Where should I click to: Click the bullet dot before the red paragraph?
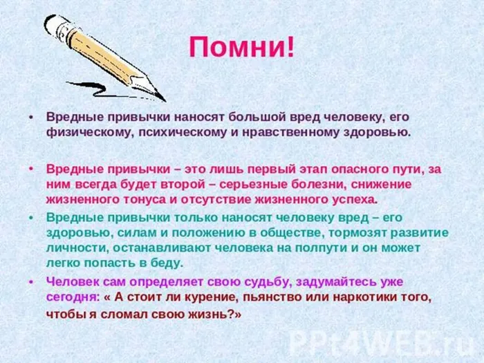(x=31, y=169)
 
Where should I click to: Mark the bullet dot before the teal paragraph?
(x=31, y=216)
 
